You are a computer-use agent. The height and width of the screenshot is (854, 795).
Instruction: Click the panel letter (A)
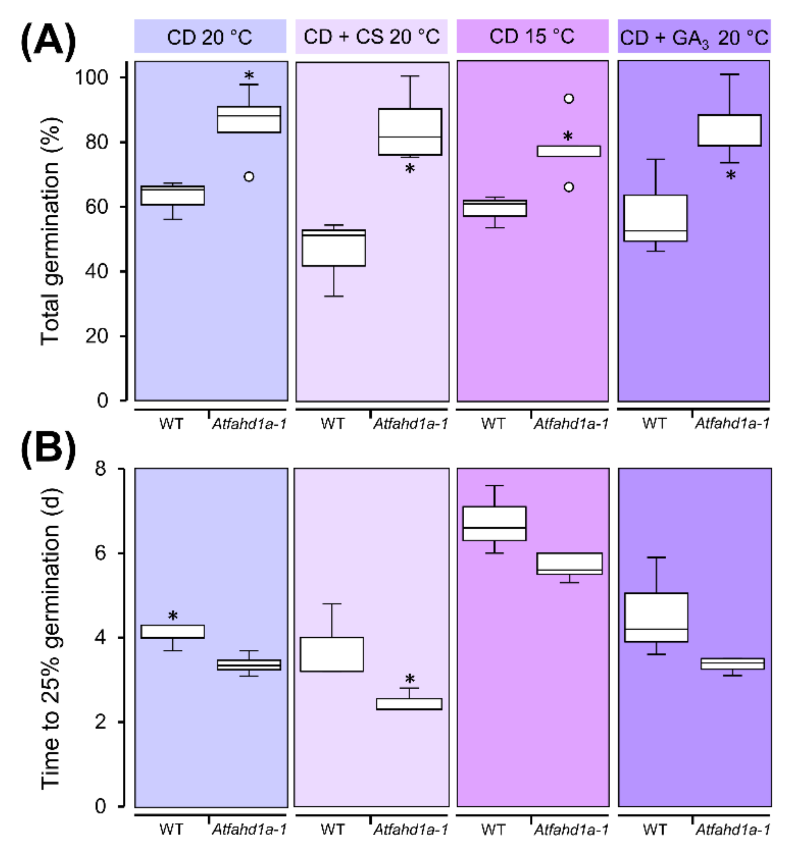coord(48,40)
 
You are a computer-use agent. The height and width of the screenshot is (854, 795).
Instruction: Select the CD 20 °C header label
coord(210,37)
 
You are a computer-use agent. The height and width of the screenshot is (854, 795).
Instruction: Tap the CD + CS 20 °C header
coord(371,37)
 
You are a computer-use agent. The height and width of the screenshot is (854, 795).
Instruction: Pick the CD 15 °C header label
coord(532,37)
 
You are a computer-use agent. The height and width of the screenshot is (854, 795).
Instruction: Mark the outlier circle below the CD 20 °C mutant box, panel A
coord(249,177)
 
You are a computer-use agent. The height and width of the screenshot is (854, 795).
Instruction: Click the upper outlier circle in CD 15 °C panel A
coord(569,99)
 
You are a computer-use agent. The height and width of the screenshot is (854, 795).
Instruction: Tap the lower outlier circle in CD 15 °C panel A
coord(569,187)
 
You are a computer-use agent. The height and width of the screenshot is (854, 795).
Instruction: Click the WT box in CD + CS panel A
coord(334,248)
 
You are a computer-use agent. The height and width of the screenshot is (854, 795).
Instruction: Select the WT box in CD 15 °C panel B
coord(494,524)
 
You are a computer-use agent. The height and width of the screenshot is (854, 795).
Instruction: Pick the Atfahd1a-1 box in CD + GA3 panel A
coord(729,130)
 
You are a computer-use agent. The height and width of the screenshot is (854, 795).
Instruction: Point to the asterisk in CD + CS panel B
coord(410,679)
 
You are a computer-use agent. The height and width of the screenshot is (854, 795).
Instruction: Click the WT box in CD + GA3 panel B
coord(656,617)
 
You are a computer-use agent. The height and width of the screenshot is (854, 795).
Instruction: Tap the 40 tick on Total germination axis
coord(96,271)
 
